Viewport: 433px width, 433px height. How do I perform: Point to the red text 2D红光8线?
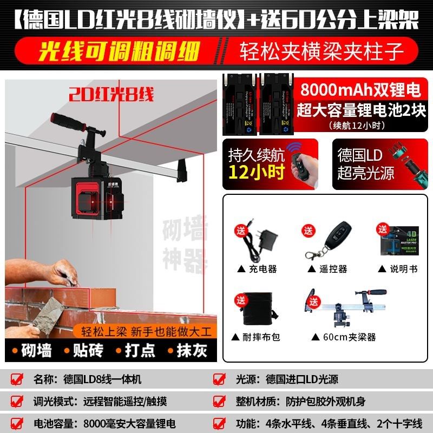pos(111,95)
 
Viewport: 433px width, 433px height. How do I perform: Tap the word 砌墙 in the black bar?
pos(37,350)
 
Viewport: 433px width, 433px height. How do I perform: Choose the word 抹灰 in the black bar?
pos(192,350)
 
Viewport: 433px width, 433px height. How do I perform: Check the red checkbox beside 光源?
pos(219,379)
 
